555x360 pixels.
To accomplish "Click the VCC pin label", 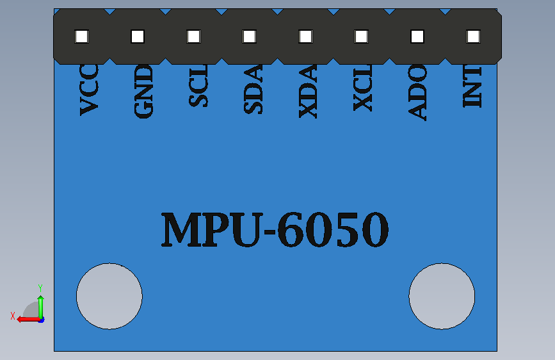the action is click(89, 90).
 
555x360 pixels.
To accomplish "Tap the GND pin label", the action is click(143, 91).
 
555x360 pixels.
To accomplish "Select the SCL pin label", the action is click(198, 86).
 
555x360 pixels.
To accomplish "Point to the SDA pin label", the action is click(253, 89).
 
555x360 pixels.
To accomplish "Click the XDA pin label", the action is click(308, 91).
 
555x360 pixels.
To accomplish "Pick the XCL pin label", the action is click(363, 88).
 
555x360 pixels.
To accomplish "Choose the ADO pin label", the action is click(417, 92).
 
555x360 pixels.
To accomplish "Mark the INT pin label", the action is click(472, 86).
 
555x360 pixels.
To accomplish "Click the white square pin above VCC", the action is click(81, 37).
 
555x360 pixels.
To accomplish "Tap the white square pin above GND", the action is click(138, 37).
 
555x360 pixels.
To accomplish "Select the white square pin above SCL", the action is click(193, 37).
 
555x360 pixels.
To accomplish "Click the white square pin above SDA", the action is click(249, 37).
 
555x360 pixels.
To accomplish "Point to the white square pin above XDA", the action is click(305, 37).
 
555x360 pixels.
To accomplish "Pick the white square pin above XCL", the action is click(362, 37).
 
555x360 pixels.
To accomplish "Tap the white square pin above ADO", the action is click(417, 37).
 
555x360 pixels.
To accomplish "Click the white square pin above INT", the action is click(473, 37).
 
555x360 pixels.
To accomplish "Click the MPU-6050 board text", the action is click(275, 229).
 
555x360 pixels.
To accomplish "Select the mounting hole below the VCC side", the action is click(109, 296).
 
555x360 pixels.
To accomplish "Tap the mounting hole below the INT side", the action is click(442, 296).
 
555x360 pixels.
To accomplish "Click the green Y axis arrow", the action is click(41, 307).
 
